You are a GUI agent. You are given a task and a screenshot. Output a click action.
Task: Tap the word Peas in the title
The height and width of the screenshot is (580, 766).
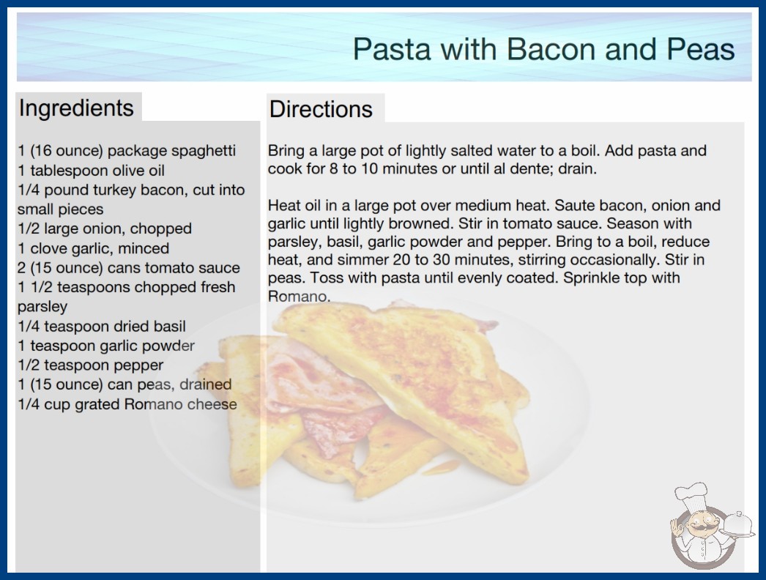pyautogui.click(x=701, y=49)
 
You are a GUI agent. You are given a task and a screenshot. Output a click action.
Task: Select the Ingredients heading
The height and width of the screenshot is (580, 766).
pyautogui.click(x=76, y=108)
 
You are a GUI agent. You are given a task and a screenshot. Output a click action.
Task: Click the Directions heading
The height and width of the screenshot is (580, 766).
pyautogui.click(x=321, y=109)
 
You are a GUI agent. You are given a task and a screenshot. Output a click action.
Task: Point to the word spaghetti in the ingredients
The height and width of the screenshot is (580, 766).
pyautogui.click(x=204, y=151)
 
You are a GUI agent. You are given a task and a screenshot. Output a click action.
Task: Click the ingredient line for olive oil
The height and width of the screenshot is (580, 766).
pyautogui.click(x=92, y=171)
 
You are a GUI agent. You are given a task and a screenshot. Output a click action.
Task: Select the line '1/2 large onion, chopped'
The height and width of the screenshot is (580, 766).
pyautogui.click(x=105, y=228)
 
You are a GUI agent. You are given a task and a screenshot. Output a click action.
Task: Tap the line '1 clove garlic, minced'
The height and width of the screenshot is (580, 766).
pyautogui.click(x=94, y=248)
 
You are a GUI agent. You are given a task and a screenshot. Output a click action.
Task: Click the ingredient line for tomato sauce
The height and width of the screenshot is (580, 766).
pyautogui.click(x=129, y=268)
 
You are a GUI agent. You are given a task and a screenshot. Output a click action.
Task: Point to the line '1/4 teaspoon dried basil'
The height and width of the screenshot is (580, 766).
pyautogui.click(x=102, y=327)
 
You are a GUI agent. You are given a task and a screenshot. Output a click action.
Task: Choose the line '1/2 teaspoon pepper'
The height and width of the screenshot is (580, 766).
pyautogui.click(x=91, y=365)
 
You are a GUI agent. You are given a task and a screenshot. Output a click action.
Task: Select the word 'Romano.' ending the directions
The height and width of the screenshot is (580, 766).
pyautogui.click(x=300, y=296)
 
